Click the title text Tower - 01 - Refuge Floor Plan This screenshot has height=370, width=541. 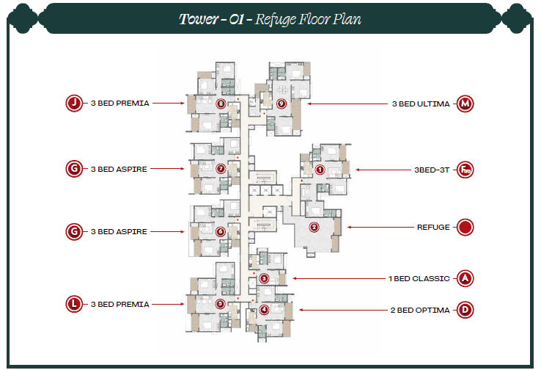[x=270, y=18]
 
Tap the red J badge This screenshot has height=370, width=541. [x=74, y=104]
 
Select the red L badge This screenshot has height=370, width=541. [x=74, y=304]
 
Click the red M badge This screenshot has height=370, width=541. [x=465, y=104]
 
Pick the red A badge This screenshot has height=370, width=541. [x=465, y=278]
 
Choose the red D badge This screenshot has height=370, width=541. [x=465, y=310]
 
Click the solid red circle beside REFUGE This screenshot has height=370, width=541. [x=465, y=227]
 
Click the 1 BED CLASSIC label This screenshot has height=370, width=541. [x=419, y=278]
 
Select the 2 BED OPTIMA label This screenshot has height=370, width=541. [x=419, y=310]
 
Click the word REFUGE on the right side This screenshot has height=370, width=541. [x=433, y=227]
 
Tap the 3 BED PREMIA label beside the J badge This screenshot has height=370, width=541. [x=120, y=104]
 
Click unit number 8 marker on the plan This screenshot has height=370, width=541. [x=221, y=103]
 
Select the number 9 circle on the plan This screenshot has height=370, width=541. [x=281, y=104]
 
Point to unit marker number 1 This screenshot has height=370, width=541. [x=319, y=170]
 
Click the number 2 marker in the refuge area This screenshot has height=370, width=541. [x=314, y=227]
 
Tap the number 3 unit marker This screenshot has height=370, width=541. [x=264, y=278]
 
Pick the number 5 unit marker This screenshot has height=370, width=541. [x=220, y=303]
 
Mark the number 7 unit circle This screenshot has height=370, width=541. [x=221, y=169]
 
